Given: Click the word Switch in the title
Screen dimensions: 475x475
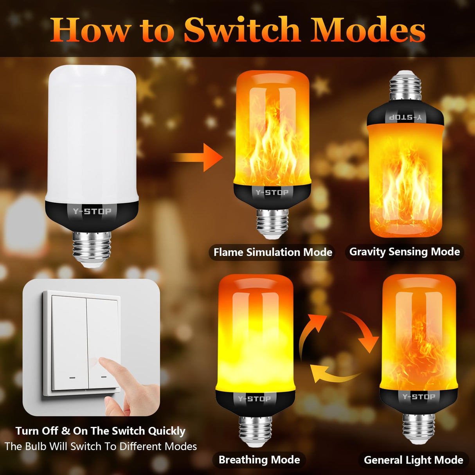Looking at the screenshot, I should coord(242,31).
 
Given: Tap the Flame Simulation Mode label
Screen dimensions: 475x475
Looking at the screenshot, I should coord(273,252).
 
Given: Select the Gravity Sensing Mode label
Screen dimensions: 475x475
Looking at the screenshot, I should coord(404,252).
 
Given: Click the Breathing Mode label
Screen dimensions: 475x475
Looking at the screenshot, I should coord(259,460).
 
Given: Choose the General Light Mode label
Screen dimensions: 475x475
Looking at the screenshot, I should coord(413,460).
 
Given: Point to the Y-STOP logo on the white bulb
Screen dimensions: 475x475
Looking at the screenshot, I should coord(92,212).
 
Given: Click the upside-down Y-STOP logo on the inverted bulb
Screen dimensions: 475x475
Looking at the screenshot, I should coord(406,117).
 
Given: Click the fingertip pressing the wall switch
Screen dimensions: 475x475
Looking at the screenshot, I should coord(104,362).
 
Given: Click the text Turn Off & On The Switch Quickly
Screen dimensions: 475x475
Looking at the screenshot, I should coord(100,431).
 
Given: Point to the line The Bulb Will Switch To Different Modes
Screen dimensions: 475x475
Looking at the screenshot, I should coord(101,446).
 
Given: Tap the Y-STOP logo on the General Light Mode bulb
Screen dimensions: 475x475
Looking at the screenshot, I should coord(419,397).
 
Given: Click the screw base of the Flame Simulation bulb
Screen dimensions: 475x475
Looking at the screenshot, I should coord(272,223).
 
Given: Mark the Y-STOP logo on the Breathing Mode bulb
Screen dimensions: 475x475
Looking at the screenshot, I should coord(255,399).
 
